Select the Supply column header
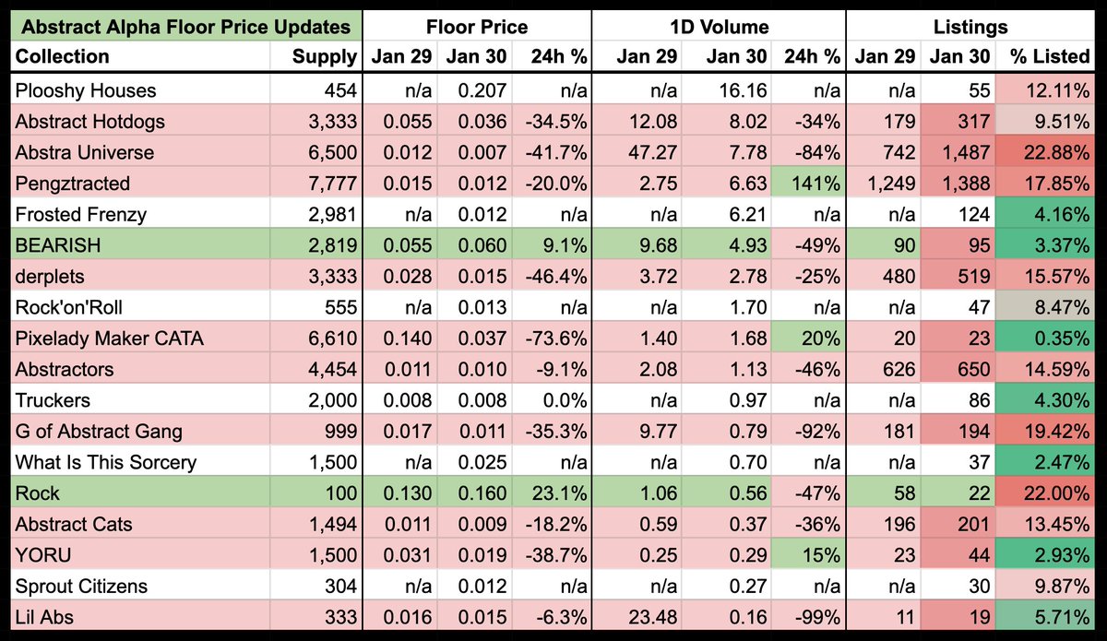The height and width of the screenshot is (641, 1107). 324,57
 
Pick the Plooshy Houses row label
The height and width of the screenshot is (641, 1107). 86,90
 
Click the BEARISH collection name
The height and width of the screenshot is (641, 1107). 58,245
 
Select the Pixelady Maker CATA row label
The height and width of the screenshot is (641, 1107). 110,338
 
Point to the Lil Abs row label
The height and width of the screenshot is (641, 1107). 46,617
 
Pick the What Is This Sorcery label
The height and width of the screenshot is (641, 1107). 106,462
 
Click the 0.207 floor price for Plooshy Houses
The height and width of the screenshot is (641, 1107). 483,90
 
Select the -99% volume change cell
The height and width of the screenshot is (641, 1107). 818,617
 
